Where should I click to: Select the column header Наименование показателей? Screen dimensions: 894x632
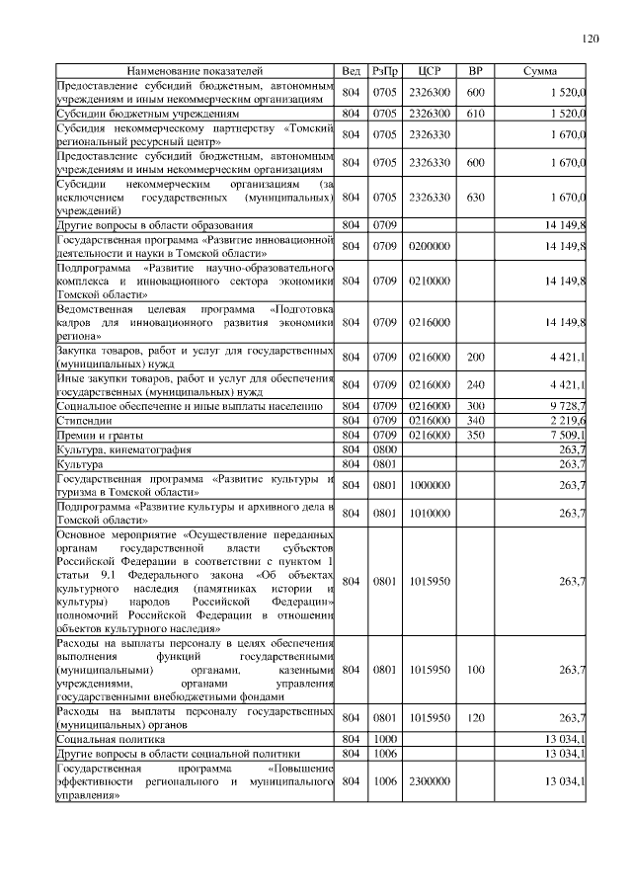(x=195, y=72)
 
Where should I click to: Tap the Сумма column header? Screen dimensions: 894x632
(x=540, y=72)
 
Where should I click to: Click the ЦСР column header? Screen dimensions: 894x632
(x=429, y=72)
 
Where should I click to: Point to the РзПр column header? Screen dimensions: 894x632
(x=385, y=72)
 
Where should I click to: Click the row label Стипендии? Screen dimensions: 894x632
(x=85, y=421)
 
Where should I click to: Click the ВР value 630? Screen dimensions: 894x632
(x=475, y=198)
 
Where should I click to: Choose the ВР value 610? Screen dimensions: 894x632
(x=475, y=115)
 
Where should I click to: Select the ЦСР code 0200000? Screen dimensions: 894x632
(x=429, y=246)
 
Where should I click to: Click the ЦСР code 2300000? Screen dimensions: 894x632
(x=429, y=781)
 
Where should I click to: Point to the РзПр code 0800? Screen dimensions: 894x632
(x=385, y=449)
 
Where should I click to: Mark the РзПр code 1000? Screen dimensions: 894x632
(x=385, y=739)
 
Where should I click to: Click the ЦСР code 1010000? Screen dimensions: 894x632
(x=429, y=513)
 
